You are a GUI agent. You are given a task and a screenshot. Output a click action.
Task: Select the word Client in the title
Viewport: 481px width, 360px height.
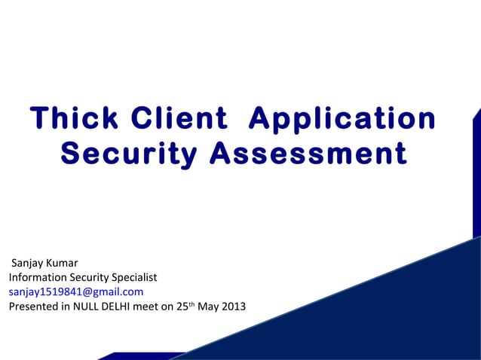pyautogui.click(x=179, y=119)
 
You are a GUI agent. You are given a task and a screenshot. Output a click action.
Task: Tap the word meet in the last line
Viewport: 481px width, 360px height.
pyautogui.click(x=148, y=307)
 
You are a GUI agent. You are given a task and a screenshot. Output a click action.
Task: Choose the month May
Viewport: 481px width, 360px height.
pyautogui.click(x=209, y=307)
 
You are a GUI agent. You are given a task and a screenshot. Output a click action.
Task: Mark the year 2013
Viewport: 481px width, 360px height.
pyautogui.click(x=234, y=307)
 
